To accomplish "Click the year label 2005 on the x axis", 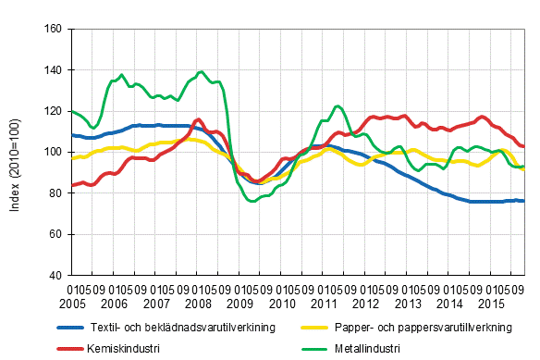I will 72,304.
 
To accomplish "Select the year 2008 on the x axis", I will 198,304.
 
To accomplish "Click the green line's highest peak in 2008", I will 201,71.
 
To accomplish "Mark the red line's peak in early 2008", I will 199,119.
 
